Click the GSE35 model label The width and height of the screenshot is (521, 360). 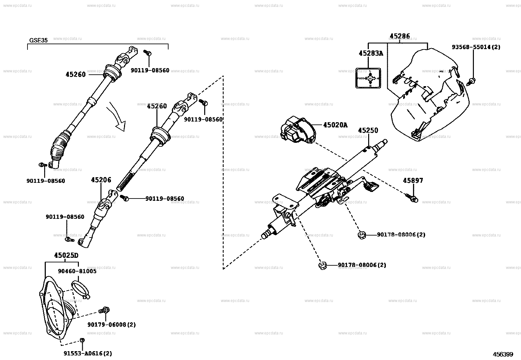(38, 40)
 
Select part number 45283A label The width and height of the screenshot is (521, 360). (370, 53)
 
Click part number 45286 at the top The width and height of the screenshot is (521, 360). (400, 36)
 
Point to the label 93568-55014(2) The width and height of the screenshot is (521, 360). (476, 47)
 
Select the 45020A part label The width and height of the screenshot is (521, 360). (335, 125)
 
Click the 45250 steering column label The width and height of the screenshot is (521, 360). (368, 130)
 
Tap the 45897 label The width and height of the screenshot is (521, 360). (413, 180)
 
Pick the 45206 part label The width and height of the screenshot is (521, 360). (101, 180)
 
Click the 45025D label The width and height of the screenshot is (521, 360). (66, 255)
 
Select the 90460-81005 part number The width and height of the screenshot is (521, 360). (77, 271)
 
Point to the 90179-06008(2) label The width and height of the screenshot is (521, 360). (111, 325)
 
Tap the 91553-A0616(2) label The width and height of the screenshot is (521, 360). (88, 353)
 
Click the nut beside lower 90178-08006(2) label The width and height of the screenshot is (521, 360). (322, 265)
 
